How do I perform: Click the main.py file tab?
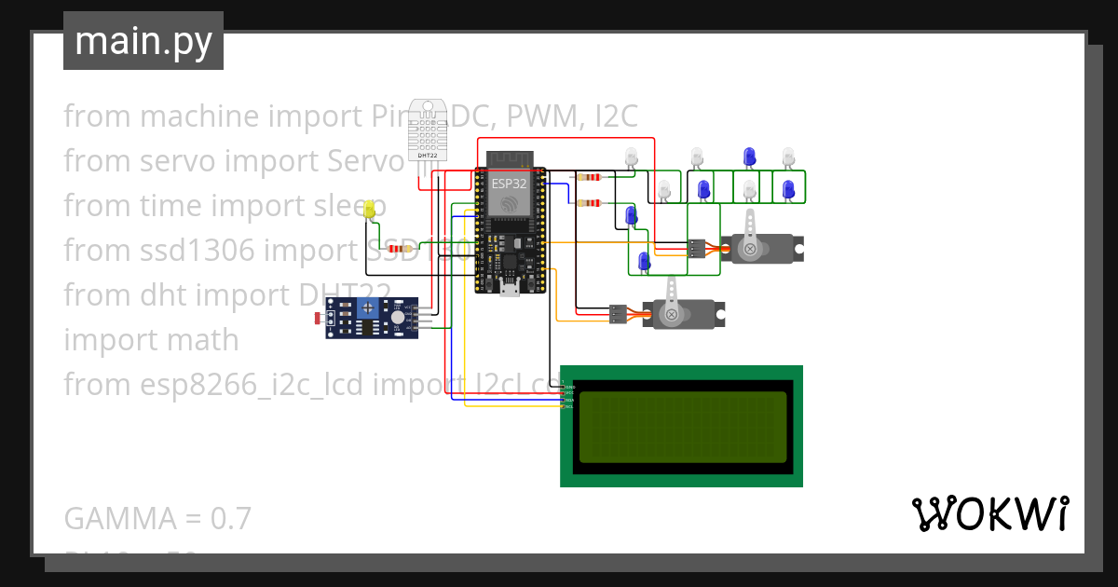point(143,41)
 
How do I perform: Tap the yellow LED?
point(370,210)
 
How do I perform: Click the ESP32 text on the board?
point(510,184)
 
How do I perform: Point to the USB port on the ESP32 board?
point(509,288)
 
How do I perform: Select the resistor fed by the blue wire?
point(588,202)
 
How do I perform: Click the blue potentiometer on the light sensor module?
point(371,307)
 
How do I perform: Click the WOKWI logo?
point(989,513)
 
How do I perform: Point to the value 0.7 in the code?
point(231,518)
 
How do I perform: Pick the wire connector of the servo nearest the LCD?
point(618,315)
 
